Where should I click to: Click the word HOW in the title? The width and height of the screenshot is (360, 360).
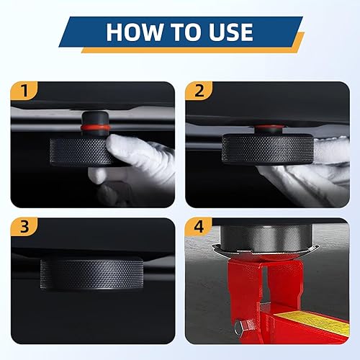click(134, 32)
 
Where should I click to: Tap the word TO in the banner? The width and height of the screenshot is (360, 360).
click(185, 32)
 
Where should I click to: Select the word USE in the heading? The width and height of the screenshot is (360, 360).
click(230, 32)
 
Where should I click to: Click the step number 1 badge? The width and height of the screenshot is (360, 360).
click(24, 91)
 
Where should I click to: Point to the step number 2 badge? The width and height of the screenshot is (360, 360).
click(199, 91)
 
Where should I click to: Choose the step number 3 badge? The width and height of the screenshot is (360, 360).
click(24, 227)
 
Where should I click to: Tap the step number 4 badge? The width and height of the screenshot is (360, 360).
click(199, 227)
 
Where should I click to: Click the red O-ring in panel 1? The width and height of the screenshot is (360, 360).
click(95, 127)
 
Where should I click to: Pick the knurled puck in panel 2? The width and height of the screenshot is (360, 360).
click(268, 149)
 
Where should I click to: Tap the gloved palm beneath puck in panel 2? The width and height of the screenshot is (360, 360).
click(300, 178)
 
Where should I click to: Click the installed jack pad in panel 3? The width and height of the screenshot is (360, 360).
click(92, 274)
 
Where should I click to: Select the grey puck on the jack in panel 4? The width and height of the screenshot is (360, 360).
click(266, 238)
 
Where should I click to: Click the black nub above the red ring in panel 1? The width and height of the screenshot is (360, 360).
click(95, 117)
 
